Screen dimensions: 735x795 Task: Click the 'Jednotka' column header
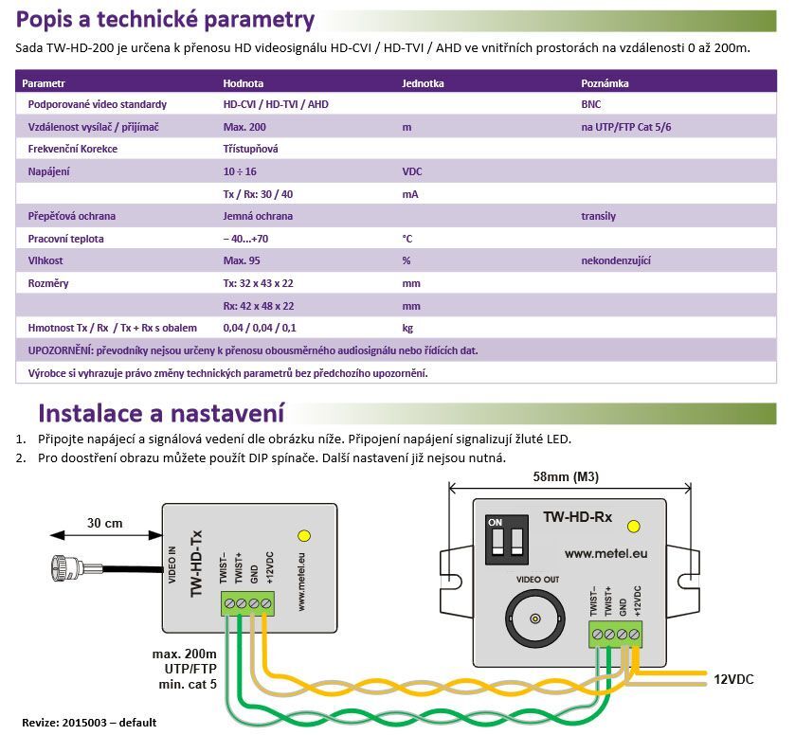(423, 82)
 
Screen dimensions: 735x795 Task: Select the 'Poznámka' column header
(605, 82)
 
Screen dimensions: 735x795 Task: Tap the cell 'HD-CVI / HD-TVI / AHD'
(276, 104)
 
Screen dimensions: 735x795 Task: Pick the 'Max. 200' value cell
(244, 127)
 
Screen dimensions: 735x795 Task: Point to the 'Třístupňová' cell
(250, 149)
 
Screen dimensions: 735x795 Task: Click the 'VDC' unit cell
(413, 171)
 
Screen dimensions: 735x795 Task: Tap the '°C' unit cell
(408, 239)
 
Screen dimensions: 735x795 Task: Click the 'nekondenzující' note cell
(616, 260)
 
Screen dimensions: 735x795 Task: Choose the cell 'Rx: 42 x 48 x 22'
(259, 306)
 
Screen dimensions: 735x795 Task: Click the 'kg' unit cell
(408, 328)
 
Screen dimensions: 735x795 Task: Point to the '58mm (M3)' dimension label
(567, 475)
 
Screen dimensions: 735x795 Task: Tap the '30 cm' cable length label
(106, 523)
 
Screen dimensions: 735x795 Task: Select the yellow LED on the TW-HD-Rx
(633, 524)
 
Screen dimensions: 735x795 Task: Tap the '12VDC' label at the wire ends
(735, 680)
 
